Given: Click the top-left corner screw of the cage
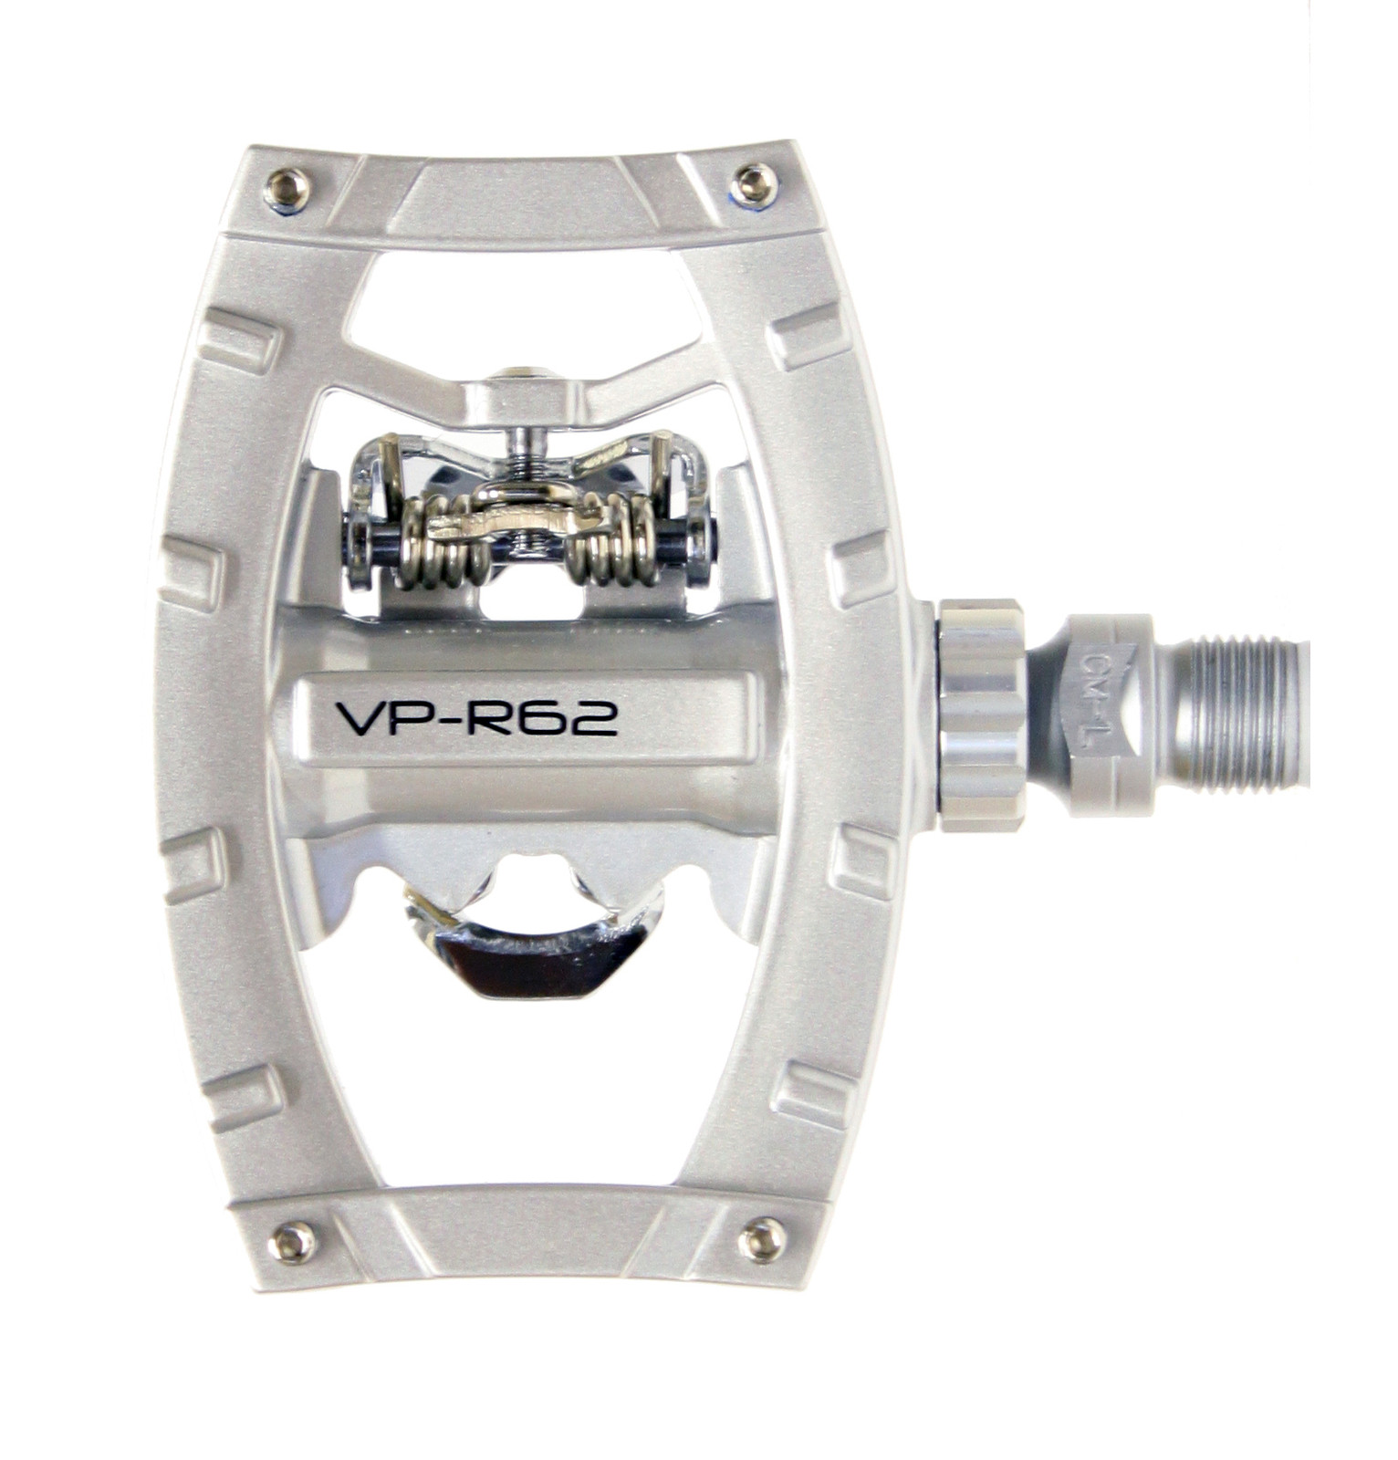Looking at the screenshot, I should [287, 190].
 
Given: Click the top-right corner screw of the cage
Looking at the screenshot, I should [754, 183].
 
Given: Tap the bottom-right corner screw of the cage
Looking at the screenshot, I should [761, 1240].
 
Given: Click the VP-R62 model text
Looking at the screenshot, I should [477, 718].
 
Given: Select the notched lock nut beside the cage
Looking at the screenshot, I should [982, 714].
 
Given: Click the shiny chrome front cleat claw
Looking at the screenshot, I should [529, 958].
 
